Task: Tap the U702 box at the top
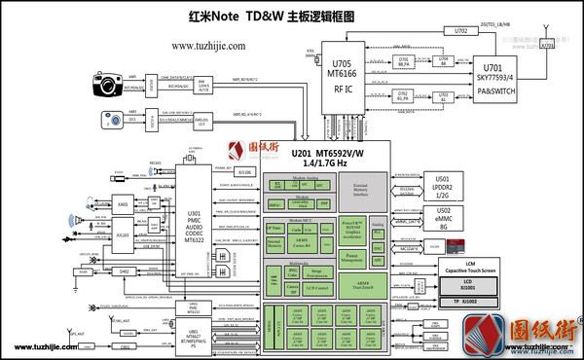[461, 31]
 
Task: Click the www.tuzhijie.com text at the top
[214, 45]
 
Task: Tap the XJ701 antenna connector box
[548, 45]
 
